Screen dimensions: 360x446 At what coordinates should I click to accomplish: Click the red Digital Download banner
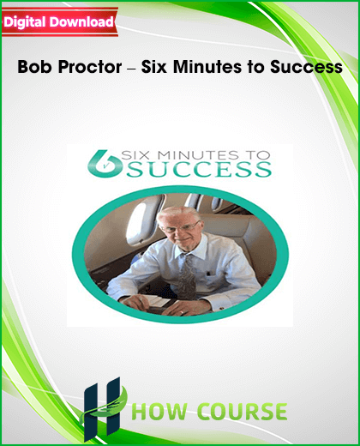(x=60, y=22)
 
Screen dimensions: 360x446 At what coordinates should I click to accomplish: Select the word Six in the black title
(x=154, y=67)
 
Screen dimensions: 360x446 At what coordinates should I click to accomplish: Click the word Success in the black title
(x=306, y=67)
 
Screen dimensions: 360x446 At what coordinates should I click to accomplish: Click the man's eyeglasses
(x=180, y=227)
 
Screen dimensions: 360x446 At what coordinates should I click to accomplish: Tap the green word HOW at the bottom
(x=161, y=411)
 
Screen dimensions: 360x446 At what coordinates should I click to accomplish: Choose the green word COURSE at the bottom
(x=243, y=411)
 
